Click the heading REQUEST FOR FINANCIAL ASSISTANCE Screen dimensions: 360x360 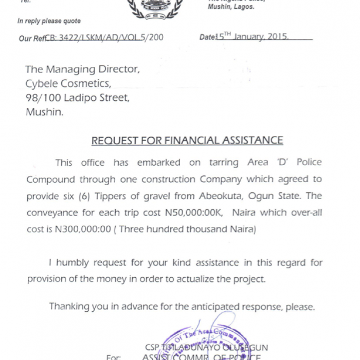[x=187, y=140]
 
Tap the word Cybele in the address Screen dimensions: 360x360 [x=43, y=83]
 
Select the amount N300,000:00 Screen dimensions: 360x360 [x=83, y=229]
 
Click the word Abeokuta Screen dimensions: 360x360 [x=217, y=196]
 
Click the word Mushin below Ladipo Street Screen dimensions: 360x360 [x=45, y=112]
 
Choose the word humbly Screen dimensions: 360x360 [x=76, y=263]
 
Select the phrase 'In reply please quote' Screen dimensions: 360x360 [x=49, y=21]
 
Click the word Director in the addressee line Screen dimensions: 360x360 [x=118, y=69]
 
